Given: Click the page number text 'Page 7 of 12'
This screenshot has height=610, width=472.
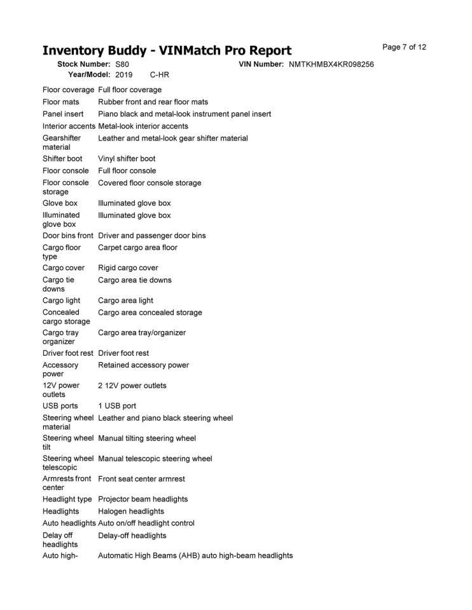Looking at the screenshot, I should coord(404,47).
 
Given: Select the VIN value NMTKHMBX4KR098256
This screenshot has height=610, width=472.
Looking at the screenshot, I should coord(331,65).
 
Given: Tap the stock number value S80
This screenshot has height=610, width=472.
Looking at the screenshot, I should coord(121,65).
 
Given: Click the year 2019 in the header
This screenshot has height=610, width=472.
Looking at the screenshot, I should coord(124,75).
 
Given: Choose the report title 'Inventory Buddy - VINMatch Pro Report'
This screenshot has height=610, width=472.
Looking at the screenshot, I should coord(167,51).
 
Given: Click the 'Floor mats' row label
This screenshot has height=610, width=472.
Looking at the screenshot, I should coord(61,102).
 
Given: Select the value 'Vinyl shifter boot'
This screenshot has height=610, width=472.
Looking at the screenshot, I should coord(127,159).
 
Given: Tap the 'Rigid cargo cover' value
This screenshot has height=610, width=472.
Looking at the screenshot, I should coord(128,268).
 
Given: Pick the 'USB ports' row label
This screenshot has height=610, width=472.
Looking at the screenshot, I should coord(60,406).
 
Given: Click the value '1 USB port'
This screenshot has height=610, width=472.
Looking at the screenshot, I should coord(117,406).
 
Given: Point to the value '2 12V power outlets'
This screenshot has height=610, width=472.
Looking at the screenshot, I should coord(132,386).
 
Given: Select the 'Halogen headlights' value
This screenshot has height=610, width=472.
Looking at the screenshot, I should coord(131,512).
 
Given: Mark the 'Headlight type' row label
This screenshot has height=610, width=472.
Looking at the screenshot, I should coord(67,499).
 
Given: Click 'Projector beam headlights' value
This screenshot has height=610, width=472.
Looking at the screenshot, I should coord(143,499).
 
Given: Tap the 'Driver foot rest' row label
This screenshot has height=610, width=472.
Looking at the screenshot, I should coord(68,353).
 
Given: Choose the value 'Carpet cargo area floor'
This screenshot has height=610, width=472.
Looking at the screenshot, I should coord(138,248).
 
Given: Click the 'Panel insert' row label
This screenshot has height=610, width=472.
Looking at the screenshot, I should coord(63,114).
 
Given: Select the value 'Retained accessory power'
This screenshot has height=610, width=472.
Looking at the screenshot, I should coord(143,365).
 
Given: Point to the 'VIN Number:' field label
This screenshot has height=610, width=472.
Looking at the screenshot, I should coord(261,65).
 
